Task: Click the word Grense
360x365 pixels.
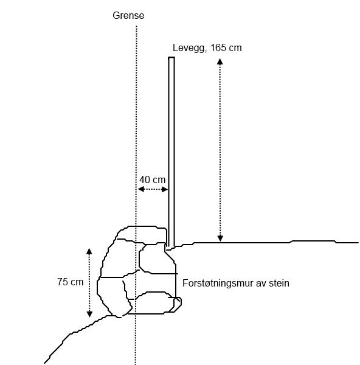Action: pos(128,16)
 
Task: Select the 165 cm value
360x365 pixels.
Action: pos(226,47)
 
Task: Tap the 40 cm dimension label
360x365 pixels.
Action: pos(153,179)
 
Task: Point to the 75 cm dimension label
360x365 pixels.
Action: pos(71,282)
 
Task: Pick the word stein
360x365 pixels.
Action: pos(279,283)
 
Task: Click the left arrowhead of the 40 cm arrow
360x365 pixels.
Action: pos(140,189)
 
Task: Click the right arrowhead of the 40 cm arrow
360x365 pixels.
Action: pos(165,189)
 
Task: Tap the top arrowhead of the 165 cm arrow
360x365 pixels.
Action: pos(220,61)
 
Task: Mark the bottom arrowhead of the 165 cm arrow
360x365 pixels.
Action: pos(220,238)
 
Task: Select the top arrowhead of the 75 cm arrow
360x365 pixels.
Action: pos(89,251)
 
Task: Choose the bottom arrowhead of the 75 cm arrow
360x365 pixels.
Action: pos(89,315)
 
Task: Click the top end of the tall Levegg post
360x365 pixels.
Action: pos(171,58)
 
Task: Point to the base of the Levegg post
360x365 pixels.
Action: pos(171,247)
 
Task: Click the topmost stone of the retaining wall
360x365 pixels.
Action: pos(142,235)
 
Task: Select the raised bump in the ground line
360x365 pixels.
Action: pos(313,241)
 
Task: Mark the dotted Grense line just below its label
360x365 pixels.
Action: pos(136,29)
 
